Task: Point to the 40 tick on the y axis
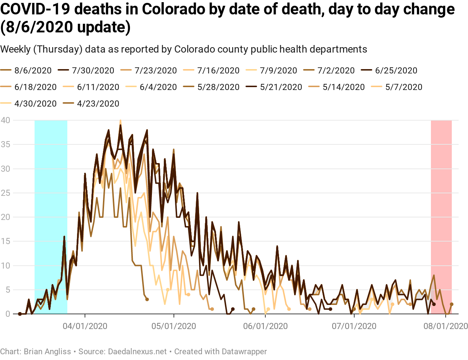(5, 120)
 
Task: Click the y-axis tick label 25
(5, 193)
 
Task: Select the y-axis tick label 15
(5, 241)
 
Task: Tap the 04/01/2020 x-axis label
(85, 326)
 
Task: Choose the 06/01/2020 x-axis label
(265, 326)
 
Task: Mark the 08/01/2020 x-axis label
(446, 326)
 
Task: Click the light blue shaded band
(51, 216)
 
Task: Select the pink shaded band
(441, 216)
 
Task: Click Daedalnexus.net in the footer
(137, 351)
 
